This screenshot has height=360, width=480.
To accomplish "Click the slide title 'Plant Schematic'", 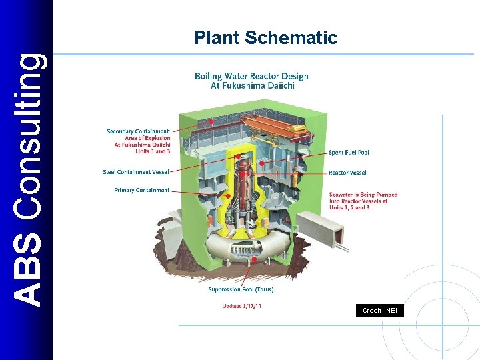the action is [266, 38].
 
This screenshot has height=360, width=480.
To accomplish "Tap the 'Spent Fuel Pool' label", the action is [349, 153].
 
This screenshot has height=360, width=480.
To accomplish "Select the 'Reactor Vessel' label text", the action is [347, 173].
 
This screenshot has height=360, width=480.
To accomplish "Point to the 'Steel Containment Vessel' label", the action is [136, 172].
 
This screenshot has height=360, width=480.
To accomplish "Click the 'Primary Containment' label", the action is [142, 190].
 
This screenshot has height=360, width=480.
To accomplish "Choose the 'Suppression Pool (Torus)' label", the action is [241, 289].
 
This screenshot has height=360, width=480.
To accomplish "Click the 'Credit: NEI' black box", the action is [379, 311].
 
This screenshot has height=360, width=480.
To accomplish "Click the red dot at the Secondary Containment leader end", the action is [212, 121].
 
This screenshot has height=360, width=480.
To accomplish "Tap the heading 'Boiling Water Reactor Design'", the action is [251, 76].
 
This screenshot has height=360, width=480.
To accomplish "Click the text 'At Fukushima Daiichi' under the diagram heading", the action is [252, 85].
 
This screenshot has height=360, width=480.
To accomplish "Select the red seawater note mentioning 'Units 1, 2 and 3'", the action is [363, 201].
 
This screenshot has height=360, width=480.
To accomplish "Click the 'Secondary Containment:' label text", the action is [138, 131].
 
